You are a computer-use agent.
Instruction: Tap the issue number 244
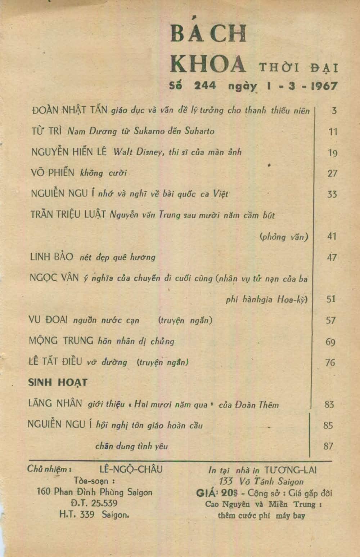pyautogui.click(x=205, y=86)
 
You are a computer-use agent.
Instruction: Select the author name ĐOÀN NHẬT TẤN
pyautogui.click(x=69, y=110)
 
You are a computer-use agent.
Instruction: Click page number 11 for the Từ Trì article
pyautogui.click(x=333, y=132)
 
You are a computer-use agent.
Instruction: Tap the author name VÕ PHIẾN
pyautogui.click(x=53, y=173)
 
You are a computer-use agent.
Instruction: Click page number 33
pyautogui.click(x=332, y=195)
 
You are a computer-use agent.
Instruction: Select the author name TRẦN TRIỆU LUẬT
pyautogui.click(x=68, y=215)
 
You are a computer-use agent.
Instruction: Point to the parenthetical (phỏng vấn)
pyautogui.click(x=284, y=237)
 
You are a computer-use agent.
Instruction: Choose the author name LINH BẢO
pyautogui.click(x=51, y=257)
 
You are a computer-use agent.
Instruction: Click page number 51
pyautogui.click(x=330, y=299)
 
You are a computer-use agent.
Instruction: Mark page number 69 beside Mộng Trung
pyautogui.click(x=330, y=342)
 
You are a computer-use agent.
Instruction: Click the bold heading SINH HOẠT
pyautogui.click(x=58, y=383)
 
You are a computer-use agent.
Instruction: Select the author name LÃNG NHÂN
pyautogui.click(x=55, y=404)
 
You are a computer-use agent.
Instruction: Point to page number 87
pyautogui.click(x=328, y=446)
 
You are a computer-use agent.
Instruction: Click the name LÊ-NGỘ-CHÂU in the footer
pyautogui.click(x=131, y=469)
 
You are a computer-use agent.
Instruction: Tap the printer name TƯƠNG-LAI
pyautogui.click(x=291, y=470)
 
